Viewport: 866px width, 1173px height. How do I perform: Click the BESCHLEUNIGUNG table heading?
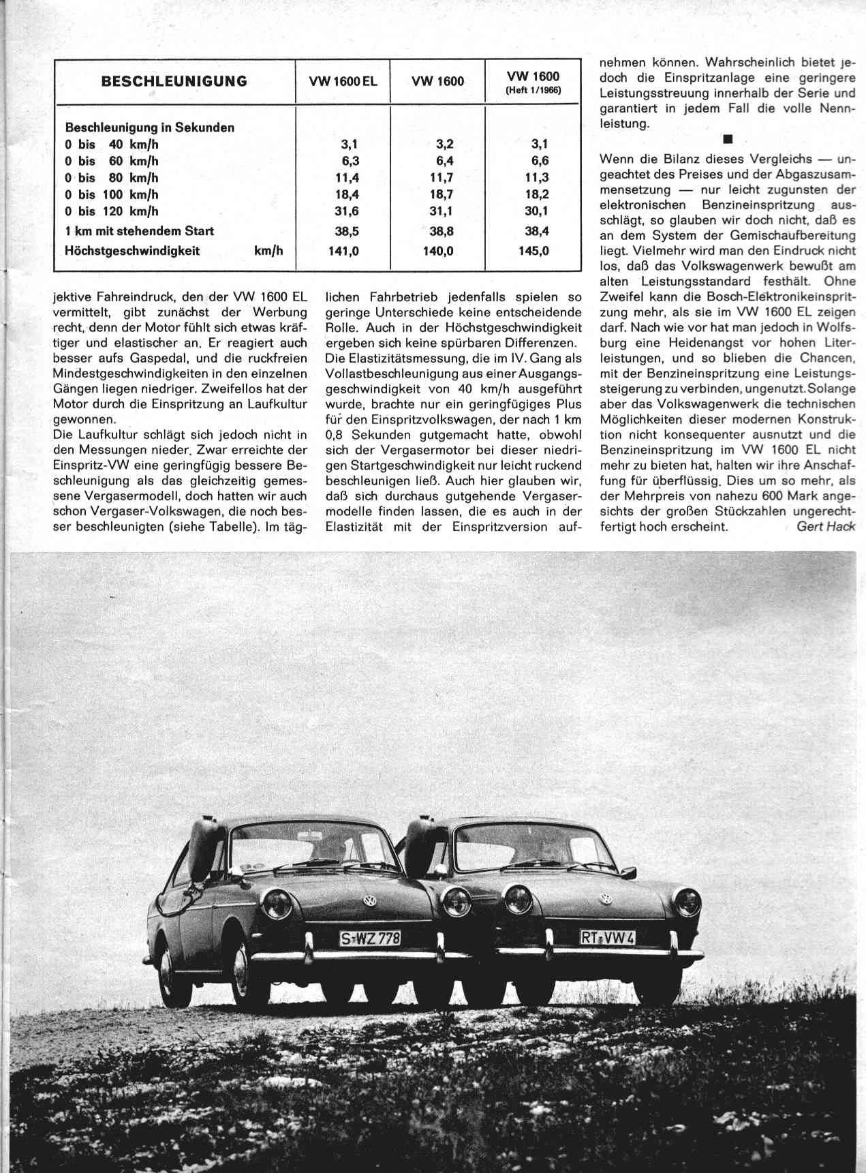pyautogui.click(x=174, y=82)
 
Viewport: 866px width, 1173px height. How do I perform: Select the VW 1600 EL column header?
pyautogui.click(x=343, y=82)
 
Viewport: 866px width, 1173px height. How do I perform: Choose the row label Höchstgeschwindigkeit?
pyautogui.click(x=132, y=251)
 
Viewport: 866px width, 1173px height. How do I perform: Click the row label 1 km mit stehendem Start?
pyautogui.click(x=139, y=231)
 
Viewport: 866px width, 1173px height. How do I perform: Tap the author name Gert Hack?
pyautogui.click(x=825, y=526)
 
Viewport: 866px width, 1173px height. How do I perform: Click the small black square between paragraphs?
pyautogui.click(x=727, y=140)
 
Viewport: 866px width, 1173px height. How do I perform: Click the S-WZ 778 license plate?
pyautogui.click(x=370, y=939)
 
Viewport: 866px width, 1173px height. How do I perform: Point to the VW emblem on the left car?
pyautogui.click(x=371, y=900)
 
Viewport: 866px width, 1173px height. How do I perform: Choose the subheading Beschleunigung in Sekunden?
pyautogui.click(x=149, y=127)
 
